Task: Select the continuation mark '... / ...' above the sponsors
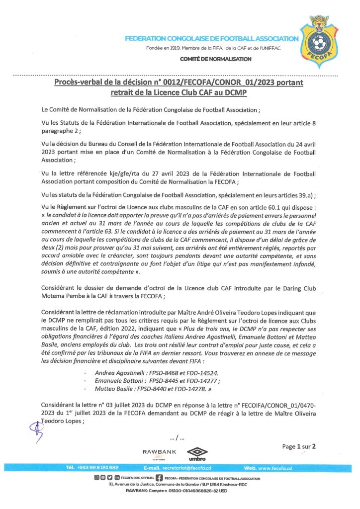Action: click(x=177, y=438)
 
